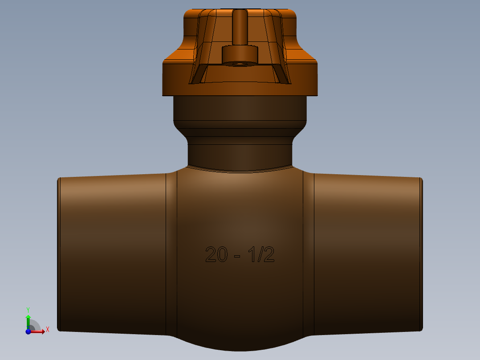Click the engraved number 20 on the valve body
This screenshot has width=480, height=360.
point(216,254)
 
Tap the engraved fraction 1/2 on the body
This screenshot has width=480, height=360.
point(261,254)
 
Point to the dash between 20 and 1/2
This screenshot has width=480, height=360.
point(237,256)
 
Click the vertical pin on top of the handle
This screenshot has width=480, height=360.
point(240,27)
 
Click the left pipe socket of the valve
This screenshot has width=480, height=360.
point(111,254)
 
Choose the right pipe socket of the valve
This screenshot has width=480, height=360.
point(367,254)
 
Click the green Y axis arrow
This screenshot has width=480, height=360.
point(28,319)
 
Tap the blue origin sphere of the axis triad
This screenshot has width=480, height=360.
point(28,331)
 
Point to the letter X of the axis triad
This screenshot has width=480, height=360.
point(47,330)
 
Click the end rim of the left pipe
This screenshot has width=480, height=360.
point(59,254)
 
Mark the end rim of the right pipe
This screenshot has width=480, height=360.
point(421,254)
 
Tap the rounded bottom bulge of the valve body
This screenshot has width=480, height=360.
point(240,343)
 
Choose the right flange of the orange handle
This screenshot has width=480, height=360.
point(303,76)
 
